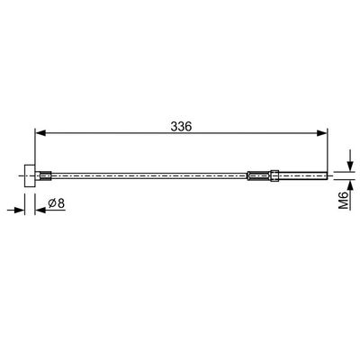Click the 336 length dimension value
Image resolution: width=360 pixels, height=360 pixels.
[181, 127]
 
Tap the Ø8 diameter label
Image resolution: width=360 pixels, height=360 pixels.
[57, 203]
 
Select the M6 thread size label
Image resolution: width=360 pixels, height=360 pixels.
[344, 200]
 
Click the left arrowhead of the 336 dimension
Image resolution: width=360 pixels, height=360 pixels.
[40, 133]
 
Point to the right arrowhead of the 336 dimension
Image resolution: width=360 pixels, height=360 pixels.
[322, 133]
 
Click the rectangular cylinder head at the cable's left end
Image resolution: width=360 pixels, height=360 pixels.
[30, 175]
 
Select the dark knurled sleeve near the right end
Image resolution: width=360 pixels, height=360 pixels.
[259, 175]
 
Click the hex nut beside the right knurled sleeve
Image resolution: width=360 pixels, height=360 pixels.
[274, 175]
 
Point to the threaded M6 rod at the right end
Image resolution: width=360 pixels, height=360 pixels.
[303, 175]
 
